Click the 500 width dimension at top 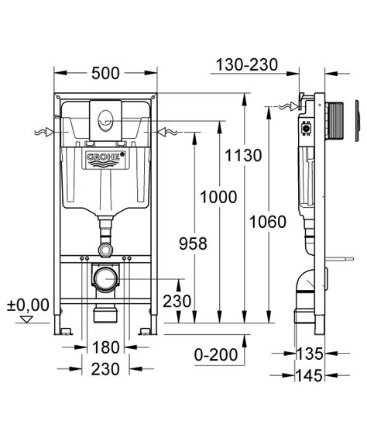pos(105,74)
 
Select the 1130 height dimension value pos(243,155)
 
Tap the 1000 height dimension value pos(218,197)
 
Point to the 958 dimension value pos(193,243)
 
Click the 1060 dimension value pos(268,222)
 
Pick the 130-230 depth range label pos(247,64)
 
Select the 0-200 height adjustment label pos(216,354)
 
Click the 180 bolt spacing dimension pos(106,347)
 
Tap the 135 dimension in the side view pos(309,354)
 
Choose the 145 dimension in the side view pos(309,375)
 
